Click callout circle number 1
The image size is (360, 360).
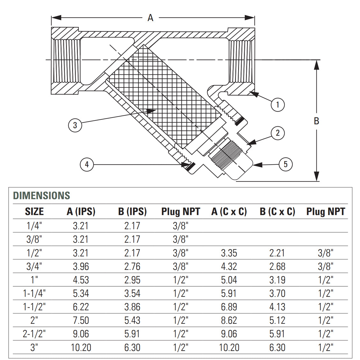pos(277,105)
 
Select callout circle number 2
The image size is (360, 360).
pos(277,133)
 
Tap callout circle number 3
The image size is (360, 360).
pos(75,125)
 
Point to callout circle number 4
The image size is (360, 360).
pos(87,165)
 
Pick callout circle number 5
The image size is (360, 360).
pos(285,164)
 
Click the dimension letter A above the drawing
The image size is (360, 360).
pos(151,18)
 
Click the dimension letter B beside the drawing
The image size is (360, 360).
pos(316,121)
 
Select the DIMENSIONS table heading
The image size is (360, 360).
pos(41,195)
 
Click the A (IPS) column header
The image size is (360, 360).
pos(81,211)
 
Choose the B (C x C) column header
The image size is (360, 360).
pos(277,211)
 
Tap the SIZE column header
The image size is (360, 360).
pos(34,211)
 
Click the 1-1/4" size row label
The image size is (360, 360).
pos(34,293)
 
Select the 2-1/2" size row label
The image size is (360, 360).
pos(34,334)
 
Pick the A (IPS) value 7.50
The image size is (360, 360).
pos(81,320)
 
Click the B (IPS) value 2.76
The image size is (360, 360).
pos(132,267)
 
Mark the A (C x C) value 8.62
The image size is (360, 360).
pos(229,320)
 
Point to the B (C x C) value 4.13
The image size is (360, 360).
pos(277,307)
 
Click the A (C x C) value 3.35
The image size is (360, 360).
pos(229,253)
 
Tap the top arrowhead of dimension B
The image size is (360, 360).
pos(316,64)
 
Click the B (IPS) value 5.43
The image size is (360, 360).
pos(132,320)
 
